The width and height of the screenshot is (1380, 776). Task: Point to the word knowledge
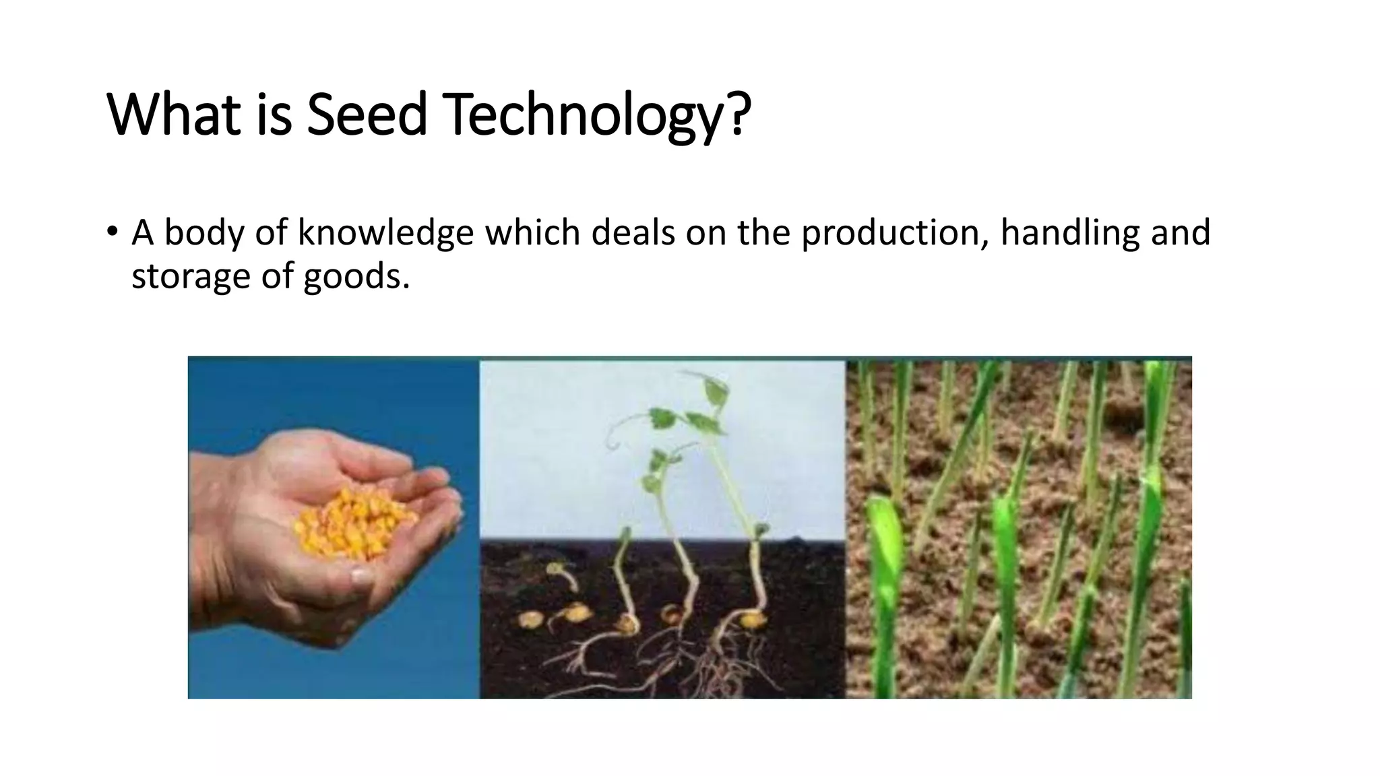click(x=385, y=232)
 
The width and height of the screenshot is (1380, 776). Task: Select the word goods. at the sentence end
click(x=356, y=276)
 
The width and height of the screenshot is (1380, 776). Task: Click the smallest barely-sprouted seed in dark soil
click(x=530, y=618)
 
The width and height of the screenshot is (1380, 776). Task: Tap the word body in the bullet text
click(x=203, y=232)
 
